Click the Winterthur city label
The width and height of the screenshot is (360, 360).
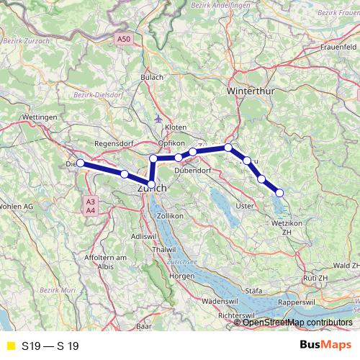click(x=247, y=93)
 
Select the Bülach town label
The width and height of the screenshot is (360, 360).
click(x=152, y=76)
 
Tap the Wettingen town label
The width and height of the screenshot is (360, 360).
click(x=40, y=116)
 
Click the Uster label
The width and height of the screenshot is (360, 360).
click(x=246, y=206)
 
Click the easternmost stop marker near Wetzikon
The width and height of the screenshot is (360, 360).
click(x=279, y=192)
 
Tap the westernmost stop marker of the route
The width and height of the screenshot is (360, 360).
click(x=81, y=163)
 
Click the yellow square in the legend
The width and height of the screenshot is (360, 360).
click(x=9, y=346)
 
